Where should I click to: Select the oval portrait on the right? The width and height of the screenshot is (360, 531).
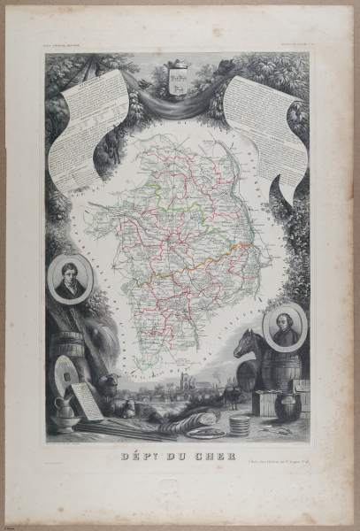[286, 324]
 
